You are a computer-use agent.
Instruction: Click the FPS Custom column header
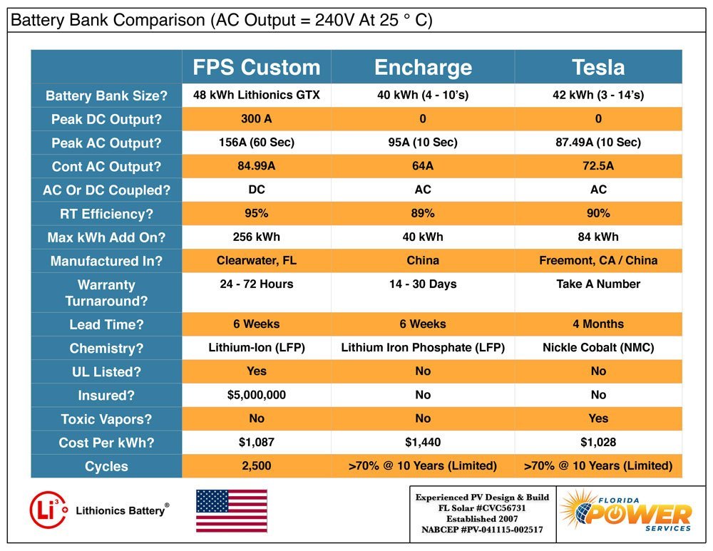point(257,67)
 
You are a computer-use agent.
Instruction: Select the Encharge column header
point(423,67)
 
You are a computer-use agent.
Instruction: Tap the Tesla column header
point(598,67)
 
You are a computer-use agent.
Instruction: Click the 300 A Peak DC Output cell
point(257,119)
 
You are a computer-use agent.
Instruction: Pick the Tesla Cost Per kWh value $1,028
point(598,443)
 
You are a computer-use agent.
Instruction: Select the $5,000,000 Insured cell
point(257,395)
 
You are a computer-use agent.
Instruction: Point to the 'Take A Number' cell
point(598,284)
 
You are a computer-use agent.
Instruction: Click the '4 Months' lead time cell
point(598,324)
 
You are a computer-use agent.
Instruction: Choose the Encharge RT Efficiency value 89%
point(423,213)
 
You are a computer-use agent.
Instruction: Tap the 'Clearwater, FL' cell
point(257,260)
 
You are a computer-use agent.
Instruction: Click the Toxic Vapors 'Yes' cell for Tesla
point(598,418)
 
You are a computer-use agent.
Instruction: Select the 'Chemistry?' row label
point(106,349)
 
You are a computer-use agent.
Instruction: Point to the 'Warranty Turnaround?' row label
point(106,292)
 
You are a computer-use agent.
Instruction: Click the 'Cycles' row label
point(106,467)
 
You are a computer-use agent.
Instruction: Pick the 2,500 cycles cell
point(257,466)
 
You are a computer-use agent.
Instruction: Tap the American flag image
point(231,510)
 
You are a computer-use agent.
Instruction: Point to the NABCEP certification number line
point(482,530)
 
